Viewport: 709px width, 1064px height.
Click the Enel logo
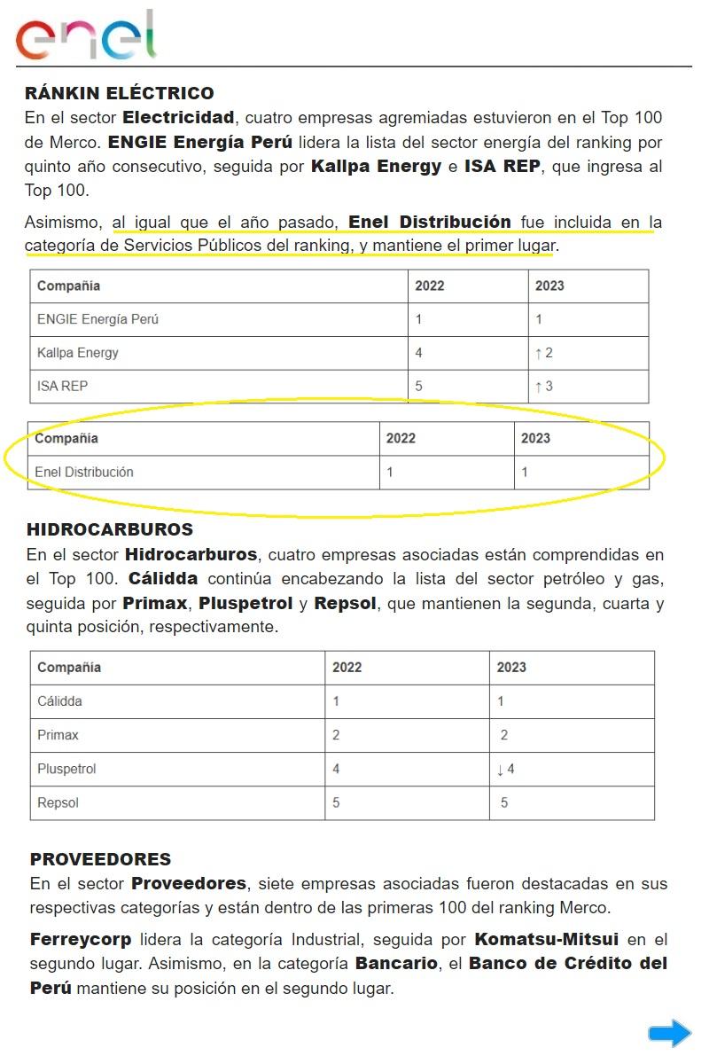point(86,35)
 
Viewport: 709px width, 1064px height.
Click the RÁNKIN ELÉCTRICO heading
point(120,93)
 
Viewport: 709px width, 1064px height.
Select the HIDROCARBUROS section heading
point(110,529)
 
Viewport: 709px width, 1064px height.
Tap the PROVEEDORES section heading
point(100,859)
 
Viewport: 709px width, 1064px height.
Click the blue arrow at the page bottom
point(669,1033)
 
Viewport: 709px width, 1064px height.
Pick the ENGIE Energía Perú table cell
point(97,319)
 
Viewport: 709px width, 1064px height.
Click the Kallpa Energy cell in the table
point(78,353)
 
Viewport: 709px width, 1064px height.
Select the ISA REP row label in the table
point(62,387)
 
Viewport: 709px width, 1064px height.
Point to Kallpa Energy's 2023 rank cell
point(544,353)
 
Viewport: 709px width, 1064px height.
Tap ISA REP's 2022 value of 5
point(419,387)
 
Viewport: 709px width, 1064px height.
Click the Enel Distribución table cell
point(84,473)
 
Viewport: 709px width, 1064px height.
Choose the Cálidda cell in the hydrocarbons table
point(59,701)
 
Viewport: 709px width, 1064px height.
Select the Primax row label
point(58,735)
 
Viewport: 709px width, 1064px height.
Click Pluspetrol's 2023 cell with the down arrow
point(506,769)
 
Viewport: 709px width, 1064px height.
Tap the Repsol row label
point(58,803)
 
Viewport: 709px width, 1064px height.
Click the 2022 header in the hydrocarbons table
point(347,668)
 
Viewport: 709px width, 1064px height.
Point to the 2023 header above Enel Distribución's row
point(535,438)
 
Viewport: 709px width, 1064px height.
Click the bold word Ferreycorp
point(81,939)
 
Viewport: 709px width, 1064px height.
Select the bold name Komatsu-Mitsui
point(547,939)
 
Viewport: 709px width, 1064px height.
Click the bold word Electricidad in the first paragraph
point(178,117)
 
